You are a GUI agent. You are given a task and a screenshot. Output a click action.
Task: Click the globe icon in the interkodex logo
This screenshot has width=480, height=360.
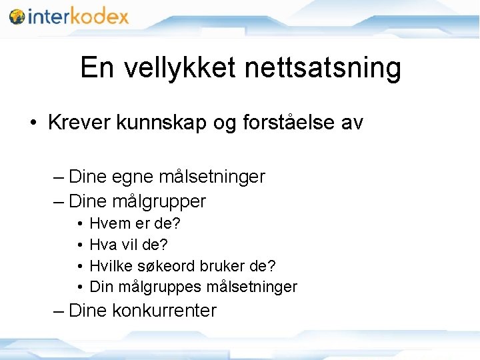[17, 16]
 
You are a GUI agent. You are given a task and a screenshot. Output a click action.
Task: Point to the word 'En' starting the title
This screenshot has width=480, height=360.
[96, 67]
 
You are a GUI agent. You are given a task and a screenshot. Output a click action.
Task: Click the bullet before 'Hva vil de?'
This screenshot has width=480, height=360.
[79, 245]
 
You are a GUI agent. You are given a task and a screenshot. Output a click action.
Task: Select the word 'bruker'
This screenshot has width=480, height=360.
[217, 265]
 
